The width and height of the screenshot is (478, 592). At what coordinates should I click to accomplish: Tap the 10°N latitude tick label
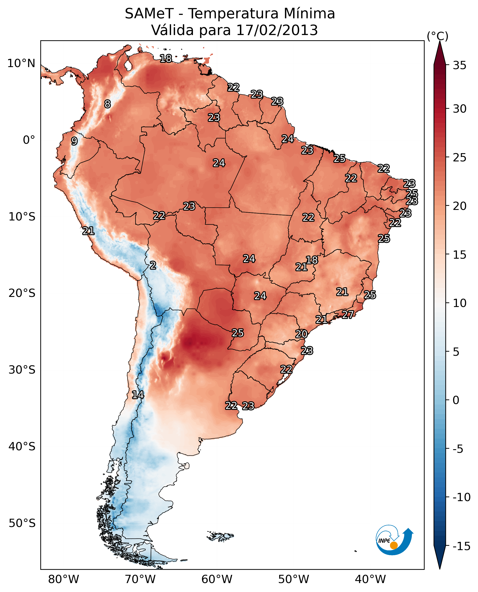(21, 64)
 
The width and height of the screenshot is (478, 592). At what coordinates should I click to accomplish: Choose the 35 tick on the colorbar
(459, 65)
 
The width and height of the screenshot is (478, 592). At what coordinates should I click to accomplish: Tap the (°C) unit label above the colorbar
(437, 36)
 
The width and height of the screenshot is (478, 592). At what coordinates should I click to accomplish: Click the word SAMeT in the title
(149, 14)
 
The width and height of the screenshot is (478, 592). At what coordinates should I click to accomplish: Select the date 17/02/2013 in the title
(277, 30)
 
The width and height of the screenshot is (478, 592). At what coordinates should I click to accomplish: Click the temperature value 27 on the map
(348, 314)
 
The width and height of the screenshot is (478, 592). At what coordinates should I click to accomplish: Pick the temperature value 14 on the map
(138, 395)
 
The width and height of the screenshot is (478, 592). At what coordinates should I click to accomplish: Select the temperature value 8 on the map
(107, 104)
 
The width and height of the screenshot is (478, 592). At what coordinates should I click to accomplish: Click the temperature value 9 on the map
(74, 141)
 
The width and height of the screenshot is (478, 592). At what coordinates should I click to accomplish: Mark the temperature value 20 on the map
(301, 334)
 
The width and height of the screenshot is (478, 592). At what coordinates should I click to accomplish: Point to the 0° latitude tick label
(29, 140)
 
